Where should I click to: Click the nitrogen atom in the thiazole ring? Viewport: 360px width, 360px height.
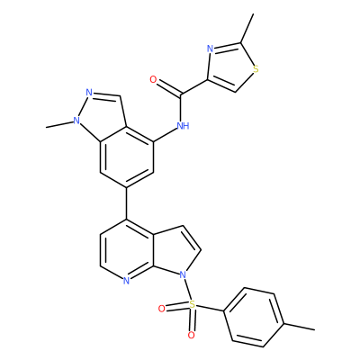[211, 49]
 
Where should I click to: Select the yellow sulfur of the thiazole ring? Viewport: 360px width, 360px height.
[256, 69]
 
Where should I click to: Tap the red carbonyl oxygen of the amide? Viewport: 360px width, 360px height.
[153, 80]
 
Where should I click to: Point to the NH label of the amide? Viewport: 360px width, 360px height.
[183, 125]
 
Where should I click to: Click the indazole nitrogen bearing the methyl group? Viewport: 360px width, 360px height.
[76, 121]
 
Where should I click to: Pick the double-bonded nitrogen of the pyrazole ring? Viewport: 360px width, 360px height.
[89, 92]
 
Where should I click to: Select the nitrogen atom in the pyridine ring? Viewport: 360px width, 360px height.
[126, 281]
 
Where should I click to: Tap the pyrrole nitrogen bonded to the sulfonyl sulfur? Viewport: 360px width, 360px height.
[183, 274]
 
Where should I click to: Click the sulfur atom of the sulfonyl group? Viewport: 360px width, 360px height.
[193, 305]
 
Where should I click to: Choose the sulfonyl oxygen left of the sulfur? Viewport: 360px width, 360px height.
[161, 309]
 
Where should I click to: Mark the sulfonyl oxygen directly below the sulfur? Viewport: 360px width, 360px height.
[191, 336]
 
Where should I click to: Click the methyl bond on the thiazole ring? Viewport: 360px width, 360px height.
[247, 28]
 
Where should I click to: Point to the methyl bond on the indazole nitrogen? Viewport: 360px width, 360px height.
[59, 124]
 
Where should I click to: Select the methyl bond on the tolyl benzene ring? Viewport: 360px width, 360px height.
[299, 327]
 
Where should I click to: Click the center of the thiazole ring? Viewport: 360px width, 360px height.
[229, 67]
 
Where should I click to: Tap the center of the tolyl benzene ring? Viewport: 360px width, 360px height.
[254, 318]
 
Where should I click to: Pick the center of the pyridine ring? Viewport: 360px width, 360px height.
[127, 250]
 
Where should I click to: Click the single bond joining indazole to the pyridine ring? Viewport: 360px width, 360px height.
[127, 204]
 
